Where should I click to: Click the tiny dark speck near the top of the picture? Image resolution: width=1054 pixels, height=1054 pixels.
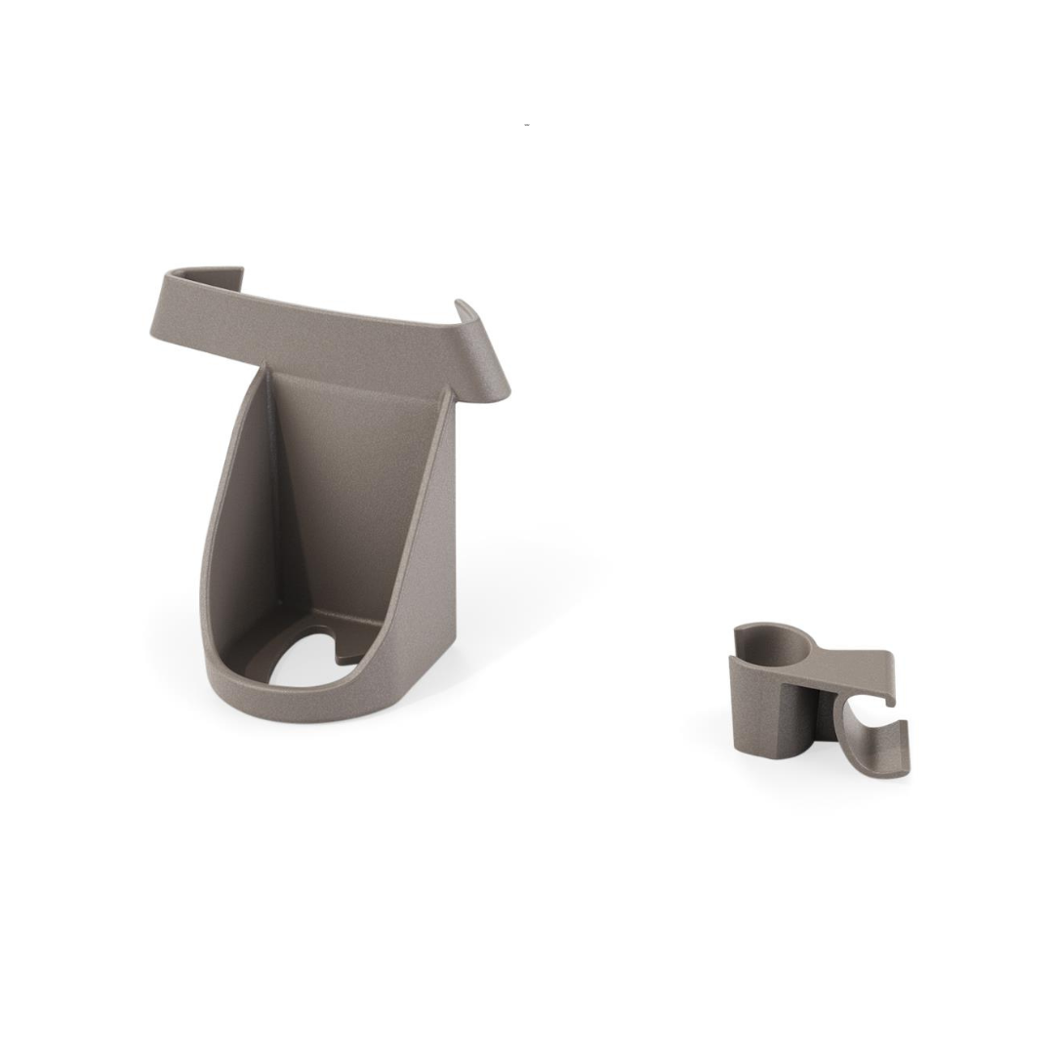[527, 125]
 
